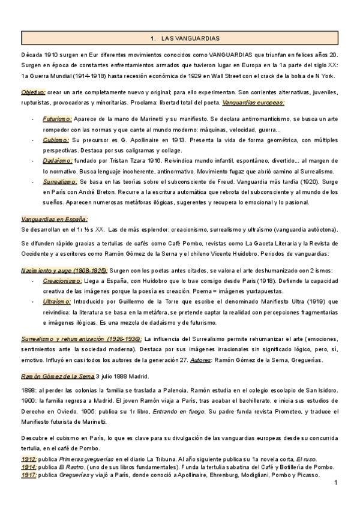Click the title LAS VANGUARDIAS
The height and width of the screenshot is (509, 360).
179,38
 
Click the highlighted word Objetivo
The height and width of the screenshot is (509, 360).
33,92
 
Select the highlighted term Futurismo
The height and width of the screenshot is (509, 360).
58,119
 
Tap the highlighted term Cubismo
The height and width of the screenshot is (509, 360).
56,138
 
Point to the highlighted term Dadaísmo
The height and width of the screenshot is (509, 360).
58,161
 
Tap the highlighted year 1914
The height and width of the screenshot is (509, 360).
28,467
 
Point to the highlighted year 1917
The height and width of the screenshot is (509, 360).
28,475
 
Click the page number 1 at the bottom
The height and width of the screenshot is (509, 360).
337,483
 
